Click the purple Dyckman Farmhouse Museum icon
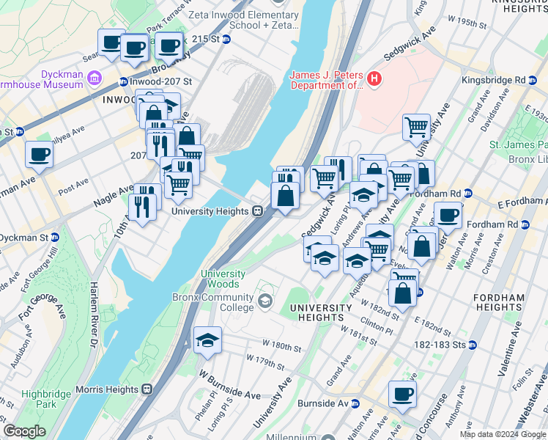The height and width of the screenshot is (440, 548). click(95, 78)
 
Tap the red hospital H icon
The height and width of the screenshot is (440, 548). click(374, 78)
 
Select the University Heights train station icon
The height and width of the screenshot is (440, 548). click(258, 211)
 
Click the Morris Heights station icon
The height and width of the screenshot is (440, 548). click(147, 389)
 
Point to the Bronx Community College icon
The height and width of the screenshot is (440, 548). click(264, 298)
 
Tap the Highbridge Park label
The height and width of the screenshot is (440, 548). click(39, 399)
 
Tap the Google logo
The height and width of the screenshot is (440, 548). click(24, 431)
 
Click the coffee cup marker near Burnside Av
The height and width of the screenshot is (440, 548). click(402, 394)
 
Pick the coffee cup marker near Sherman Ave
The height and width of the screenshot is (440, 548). click(39, 155)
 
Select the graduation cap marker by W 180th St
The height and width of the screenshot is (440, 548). click(208, 340)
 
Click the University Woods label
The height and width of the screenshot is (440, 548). click(220, 279)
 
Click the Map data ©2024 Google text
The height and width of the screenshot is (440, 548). click(502, 434)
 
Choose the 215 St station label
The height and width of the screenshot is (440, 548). click(204, 39)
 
